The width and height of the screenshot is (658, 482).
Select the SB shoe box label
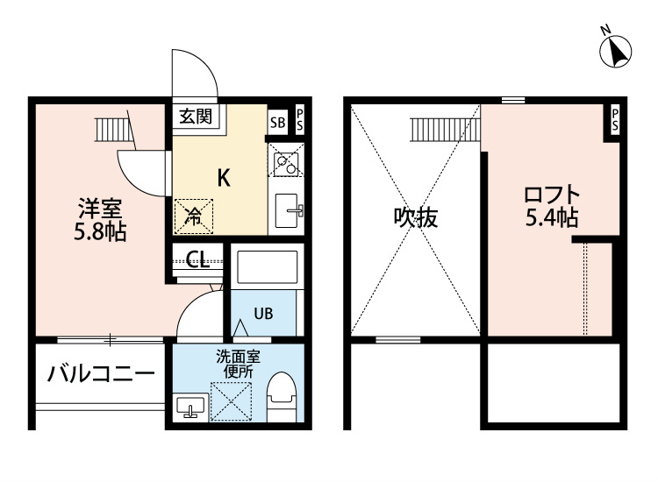(277, 122)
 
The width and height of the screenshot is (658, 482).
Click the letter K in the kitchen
(223, 178)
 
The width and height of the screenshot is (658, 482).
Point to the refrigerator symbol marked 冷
(192, 216)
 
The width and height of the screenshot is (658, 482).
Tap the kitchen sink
(289, 210)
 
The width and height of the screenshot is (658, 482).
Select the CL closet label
(197, 260)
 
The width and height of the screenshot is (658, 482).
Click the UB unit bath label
(263, 314)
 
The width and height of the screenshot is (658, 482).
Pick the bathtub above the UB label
(265, 266)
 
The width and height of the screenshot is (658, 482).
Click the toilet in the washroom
(281, 398)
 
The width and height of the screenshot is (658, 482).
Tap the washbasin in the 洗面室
(191, 407)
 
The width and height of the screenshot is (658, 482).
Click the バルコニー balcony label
(101, 373)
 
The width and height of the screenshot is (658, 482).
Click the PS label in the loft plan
(615, 121)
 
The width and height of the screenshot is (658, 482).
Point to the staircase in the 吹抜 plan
(444, 130)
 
